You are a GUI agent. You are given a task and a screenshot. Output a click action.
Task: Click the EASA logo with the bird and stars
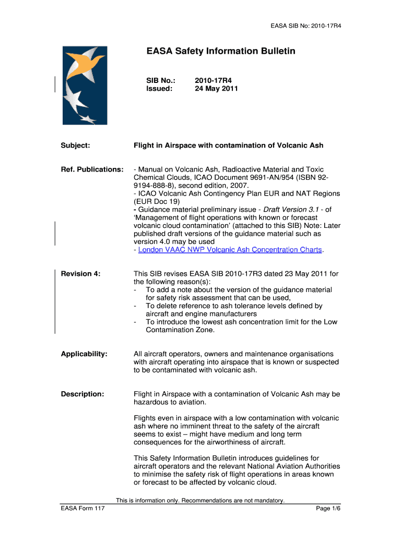pos(85,85)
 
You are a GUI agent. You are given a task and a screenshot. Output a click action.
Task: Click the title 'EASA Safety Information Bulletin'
pos(220,51)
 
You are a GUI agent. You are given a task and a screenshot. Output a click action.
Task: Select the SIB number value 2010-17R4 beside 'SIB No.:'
pos(213,80)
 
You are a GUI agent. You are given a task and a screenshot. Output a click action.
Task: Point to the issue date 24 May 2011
pos(216,89)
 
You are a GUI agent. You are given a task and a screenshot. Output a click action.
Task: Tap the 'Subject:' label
pos(76,145)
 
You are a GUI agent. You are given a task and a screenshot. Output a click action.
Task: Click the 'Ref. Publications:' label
pos(92,169)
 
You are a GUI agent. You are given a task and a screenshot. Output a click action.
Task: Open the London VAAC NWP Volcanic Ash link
pos(230,250)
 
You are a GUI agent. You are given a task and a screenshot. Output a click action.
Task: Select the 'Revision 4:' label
pos(80,274)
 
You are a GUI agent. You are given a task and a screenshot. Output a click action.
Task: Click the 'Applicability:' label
pos(84,354)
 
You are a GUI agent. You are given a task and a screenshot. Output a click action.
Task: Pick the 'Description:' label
pos(82,394)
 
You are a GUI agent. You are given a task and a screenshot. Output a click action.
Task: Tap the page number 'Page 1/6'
pos(328,509)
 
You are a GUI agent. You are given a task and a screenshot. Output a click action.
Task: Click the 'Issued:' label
pos(159,89)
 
